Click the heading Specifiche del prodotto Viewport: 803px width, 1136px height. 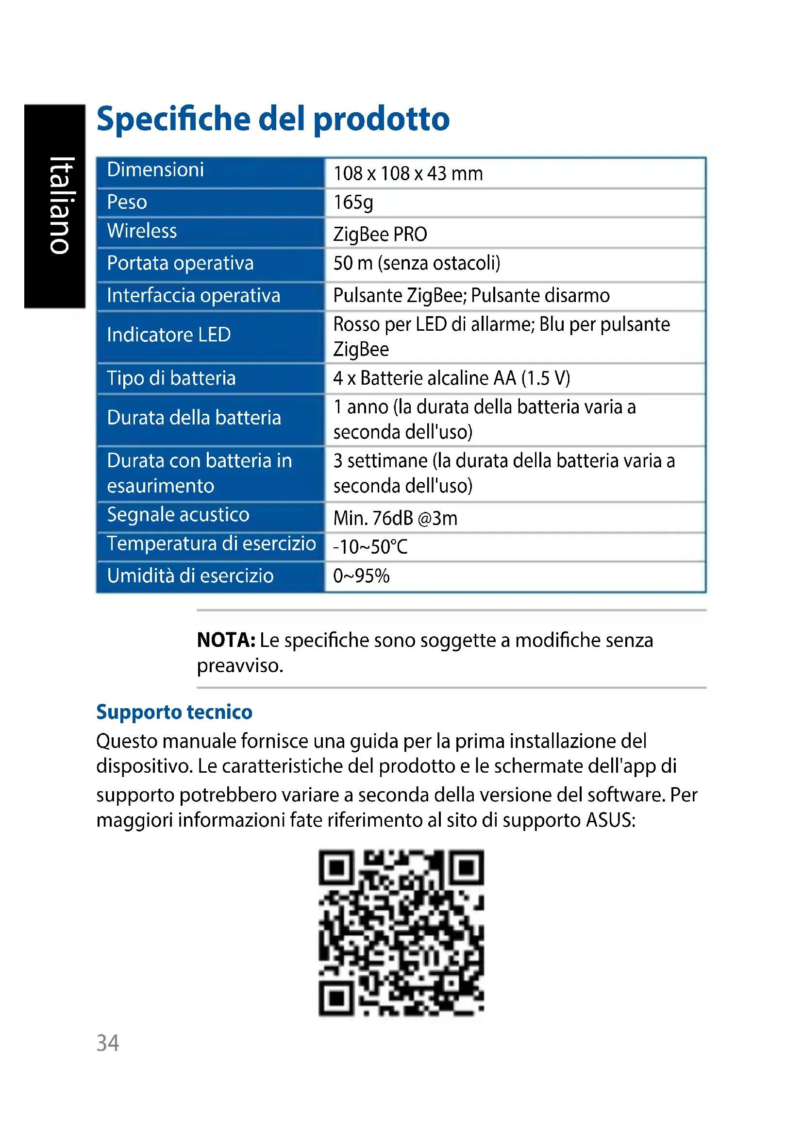pyautogui.click(x=272, y=119)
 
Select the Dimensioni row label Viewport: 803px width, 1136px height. pyautogui.click(x=155, y=170)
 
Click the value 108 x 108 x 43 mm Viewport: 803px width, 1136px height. pyautogui.click(x=408, y=174)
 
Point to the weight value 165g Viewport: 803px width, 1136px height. pyautogui.click(x=353, y=202)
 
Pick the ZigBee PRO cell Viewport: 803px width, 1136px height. pyautogui.click(x=380, y=234)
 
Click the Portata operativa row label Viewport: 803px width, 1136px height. pyautogui.click(x=180, y=263)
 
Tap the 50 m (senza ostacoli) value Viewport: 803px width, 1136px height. pyautogui.click(x=417, y=263)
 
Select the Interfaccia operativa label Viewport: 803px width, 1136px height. pyautogui.click(x=193, y=295)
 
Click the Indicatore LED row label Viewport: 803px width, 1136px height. pyautogui.click(x=168, y=335)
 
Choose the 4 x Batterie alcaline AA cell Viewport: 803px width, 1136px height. pyautogui.click(x=452, y=378)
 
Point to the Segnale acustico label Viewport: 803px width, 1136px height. pyautogui.click(x=178, y=514)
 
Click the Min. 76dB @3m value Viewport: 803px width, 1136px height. pyautogui.click(x=395, y=518)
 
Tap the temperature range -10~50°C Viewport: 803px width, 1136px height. pyautogui.click(x=370, y=547)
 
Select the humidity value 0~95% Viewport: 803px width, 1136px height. pyautogui.click(x=361, y=576)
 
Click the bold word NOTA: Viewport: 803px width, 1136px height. pyautogui.click(x=226, y=640)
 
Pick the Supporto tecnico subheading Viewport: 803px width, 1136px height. pyautogui.click(x=174, y=712)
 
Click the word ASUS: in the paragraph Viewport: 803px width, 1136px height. pyautogui.click(x=610, y=820)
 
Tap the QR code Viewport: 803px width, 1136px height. pyautogui.click(x=401, y=933)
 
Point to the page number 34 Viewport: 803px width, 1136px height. pyautogui.click(x=107, y=1043)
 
